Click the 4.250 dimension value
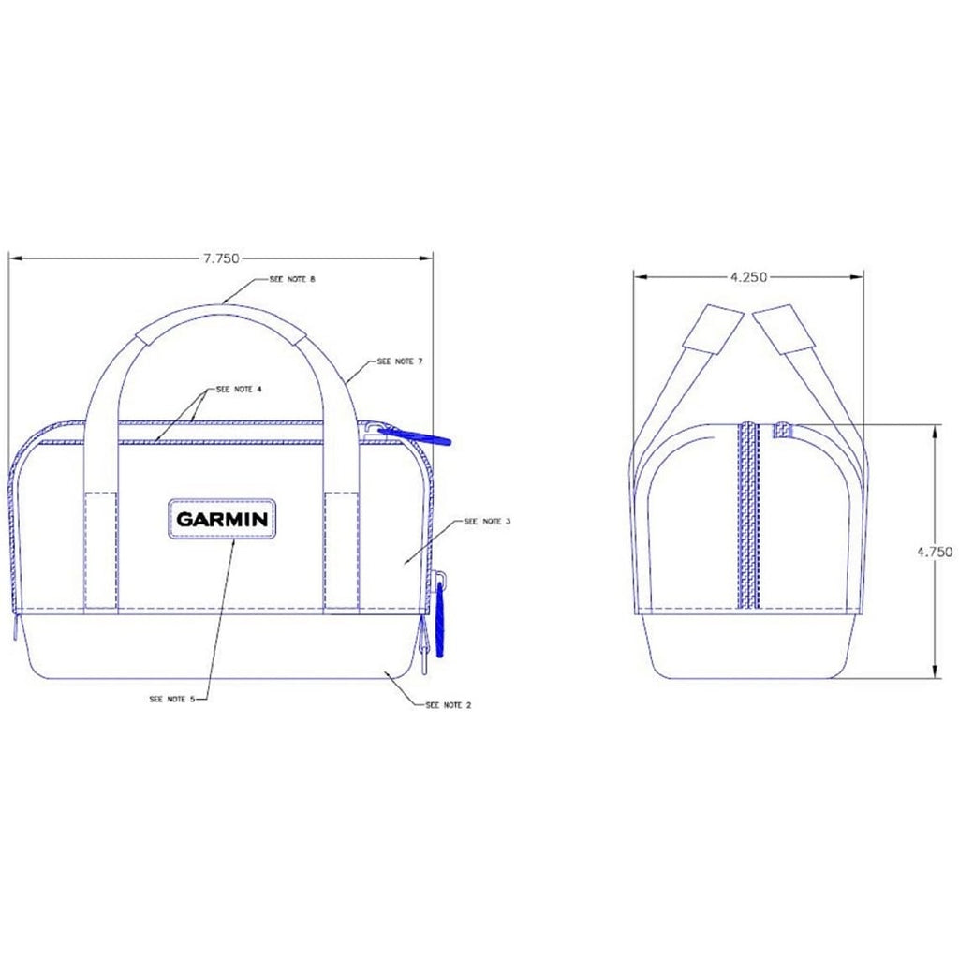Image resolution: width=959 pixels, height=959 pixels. point(747,276)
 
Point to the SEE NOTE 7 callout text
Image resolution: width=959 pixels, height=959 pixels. point(400,360)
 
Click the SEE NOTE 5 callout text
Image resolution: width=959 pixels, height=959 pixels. point(171,699)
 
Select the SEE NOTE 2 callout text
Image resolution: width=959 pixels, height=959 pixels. point(448,704)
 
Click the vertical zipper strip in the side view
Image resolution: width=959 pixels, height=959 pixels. point(748,515)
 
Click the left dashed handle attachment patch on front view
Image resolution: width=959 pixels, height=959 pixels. point(102,551)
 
